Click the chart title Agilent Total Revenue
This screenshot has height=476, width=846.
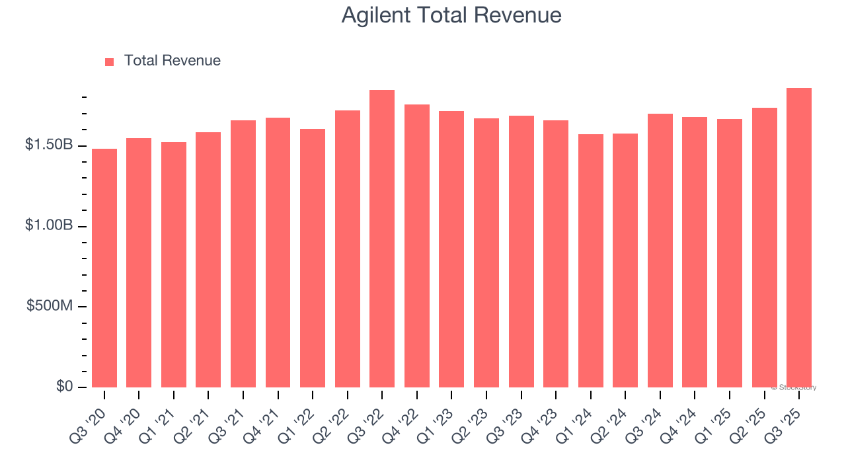pos(451,15)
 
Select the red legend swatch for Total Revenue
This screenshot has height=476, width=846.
pos(109,61)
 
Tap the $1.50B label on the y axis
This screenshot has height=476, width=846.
pos(49,145)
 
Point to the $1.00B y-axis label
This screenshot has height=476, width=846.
pos(49,225)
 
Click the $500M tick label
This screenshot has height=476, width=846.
pos(50,306)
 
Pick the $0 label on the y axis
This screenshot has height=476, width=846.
pos(64,387)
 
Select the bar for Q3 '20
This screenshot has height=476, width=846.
pos(104,268)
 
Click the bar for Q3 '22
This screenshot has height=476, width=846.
pos(382,239)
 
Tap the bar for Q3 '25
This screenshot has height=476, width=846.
pos(799,237)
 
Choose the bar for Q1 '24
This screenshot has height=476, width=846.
pos(590,260)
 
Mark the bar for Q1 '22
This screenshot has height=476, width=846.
pos(313,258)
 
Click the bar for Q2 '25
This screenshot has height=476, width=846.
pos(764,247)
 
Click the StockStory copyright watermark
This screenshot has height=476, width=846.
pos(794,387)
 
